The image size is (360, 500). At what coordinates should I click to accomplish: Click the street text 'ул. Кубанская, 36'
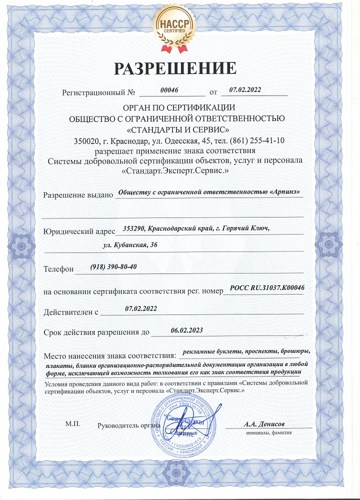(130, 244)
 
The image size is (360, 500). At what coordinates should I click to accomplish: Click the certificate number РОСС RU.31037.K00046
(267, 287)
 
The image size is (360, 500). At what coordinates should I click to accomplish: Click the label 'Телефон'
(58, 269)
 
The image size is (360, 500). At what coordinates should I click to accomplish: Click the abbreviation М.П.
(73, 423)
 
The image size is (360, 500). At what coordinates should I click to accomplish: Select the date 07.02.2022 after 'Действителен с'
(141, 308)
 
